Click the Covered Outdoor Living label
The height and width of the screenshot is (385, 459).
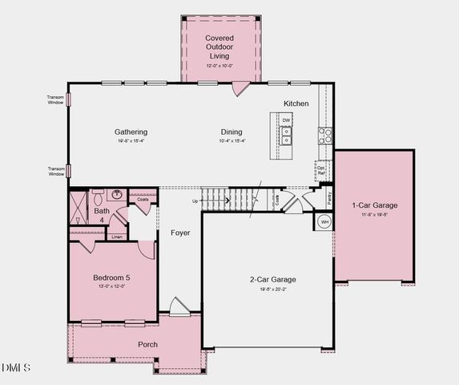coord(218,47)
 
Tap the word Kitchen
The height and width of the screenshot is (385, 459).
coord(296,103)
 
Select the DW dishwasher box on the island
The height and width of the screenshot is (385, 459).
coord(286,120)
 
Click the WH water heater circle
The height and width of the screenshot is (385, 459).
coord(325,221)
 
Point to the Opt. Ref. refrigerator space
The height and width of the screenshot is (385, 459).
coord(321,170)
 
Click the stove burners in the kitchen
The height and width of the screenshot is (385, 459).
coord(326,135)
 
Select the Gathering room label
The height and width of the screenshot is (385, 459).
coord(131,132)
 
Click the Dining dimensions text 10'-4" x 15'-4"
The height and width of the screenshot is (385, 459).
coord(232,141)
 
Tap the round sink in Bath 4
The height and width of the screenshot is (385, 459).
coord(117,194)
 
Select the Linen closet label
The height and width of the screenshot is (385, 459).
coord(117,237)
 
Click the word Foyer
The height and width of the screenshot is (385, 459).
coord(180,233)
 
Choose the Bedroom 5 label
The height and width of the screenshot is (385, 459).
coord(111,278)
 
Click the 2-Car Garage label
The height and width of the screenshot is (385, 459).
coord(272,279)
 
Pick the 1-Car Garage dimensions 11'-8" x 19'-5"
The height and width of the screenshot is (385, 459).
coord(375,215)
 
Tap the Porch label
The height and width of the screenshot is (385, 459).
coord(147,344)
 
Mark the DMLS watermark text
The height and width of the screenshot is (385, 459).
coord(16,367)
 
